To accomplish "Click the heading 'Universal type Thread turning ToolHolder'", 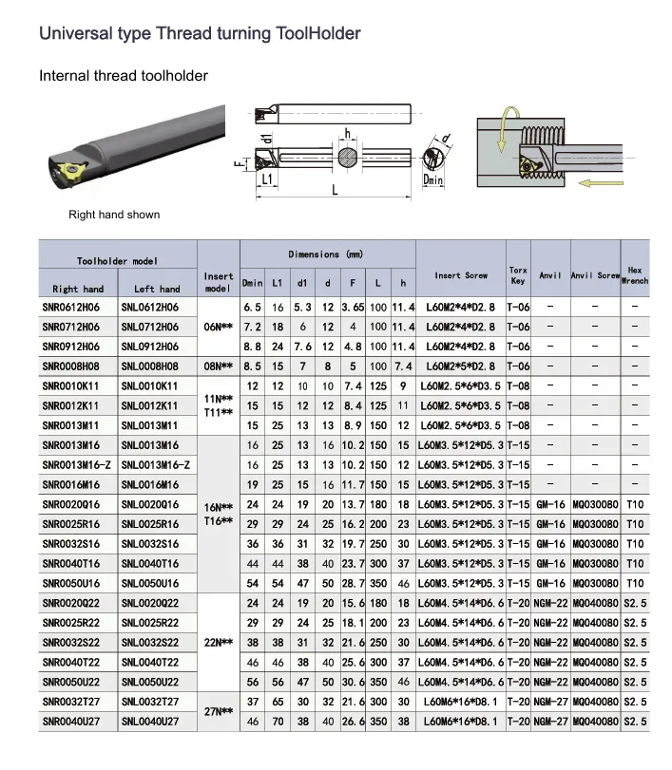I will coord(199,33).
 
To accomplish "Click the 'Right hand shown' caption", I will coord(114,215).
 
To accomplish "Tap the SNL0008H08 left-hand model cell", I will coord(149,366).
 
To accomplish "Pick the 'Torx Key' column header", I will coord(518,275).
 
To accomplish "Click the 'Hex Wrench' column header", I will coord(635,275).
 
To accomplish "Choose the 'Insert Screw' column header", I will coord(461,275).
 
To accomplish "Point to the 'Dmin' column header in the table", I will coord(252,283).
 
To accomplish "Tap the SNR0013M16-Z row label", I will coord(77,465).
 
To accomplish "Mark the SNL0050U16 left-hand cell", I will coord(149,584).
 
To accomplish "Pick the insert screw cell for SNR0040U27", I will coord(461,723).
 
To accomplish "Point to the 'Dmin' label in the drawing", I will coord(433,178).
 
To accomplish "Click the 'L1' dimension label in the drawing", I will coord(268,178).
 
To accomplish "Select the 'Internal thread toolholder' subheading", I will coord(124,75).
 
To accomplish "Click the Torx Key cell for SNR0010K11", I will coord(518,386).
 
